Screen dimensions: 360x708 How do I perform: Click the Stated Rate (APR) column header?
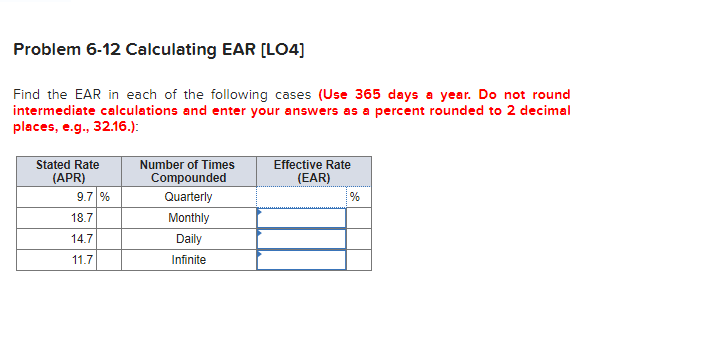[67, 171]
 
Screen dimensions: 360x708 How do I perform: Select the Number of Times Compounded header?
[188, 171]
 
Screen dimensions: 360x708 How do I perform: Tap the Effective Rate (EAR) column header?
[312, 171]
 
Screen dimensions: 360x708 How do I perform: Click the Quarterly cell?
[188, 197]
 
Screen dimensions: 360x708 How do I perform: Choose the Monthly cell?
[188, 218]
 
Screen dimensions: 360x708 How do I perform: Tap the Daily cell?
[188, 239]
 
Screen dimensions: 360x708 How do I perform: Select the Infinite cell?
[188, 260]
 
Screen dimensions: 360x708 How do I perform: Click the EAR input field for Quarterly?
[301, 197]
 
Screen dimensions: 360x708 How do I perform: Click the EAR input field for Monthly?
[301, 218]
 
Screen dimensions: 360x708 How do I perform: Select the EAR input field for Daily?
[301, 239]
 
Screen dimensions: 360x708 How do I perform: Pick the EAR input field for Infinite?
[301, 260]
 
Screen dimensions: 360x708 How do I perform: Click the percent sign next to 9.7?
[104, 197]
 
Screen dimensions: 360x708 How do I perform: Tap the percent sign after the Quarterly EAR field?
[354, 197]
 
